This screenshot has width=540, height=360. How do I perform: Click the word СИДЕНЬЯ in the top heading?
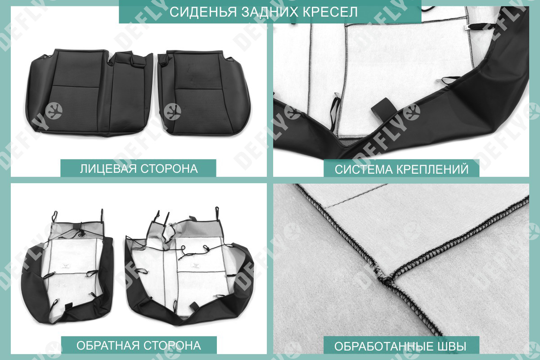pyautogui.click(x=203, y=12)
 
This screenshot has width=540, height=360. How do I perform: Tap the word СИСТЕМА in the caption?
pyautogui.click(x=364, y=169)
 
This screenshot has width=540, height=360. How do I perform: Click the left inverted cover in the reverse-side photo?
pyautogui.click(x=68, y=268)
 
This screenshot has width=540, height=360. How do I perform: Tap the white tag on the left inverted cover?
pyautogui.click(x=66, y=266)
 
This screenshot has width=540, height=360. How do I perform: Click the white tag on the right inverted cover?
pyautogui.click(x=196, y=265)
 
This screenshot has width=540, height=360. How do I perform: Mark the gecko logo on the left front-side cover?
pyautogui.click(x=54, y=111)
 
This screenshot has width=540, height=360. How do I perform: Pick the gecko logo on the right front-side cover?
pyautogui.click(x=172, y=112)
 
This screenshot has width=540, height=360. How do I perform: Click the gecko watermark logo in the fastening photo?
pyautogui.click(x=411, y=112)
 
